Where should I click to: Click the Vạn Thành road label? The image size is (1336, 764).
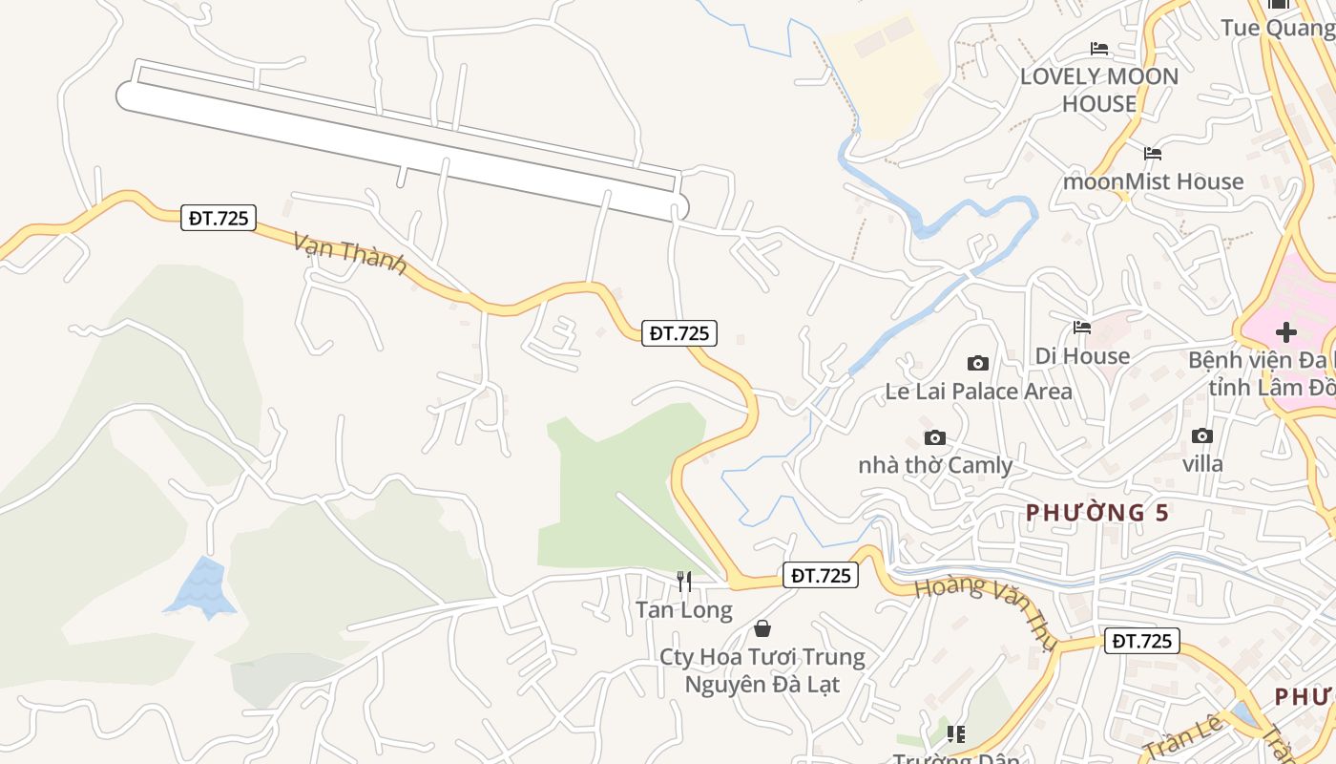350,253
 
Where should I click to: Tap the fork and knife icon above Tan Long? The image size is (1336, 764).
684,581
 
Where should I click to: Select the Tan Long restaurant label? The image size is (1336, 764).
684,609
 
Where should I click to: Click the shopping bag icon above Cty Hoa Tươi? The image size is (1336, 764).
762,628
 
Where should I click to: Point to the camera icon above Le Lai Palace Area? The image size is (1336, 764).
978,363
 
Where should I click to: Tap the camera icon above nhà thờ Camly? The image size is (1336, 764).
935,437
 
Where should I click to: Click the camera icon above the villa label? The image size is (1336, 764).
1202,435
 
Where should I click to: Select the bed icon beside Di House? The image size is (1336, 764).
1082,328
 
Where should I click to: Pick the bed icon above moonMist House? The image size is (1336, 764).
1153,153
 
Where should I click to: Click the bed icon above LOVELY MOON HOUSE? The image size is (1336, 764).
1099,48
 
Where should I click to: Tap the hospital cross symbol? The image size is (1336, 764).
1286,332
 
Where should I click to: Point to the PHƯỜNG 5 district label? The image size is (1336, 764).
1097,513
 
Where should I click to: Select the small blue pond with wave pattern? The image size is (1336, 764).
201,585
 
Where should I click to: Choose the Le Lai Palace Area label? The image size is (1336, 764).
978,392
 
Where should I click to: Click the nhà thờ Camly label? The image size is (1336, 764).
935,466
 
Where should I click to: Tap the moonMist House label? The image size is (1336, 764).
1153,181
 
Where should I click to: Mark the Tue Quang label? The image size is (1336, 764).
1277,28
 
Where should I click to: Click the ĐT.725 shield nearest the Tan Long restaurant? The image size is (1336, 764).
821,575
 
